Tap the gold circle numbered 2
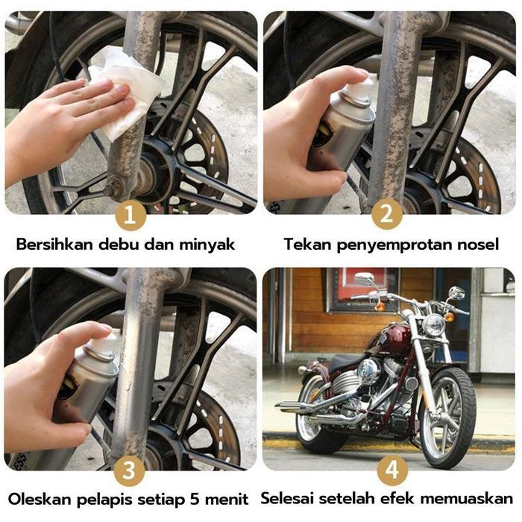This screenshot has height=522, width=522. click(x=386, y=216)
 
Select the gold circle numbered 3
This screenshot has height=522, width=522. click(x=130, y=471)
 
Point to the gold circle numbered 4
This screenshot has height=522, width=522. click(x=391, y=471)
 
